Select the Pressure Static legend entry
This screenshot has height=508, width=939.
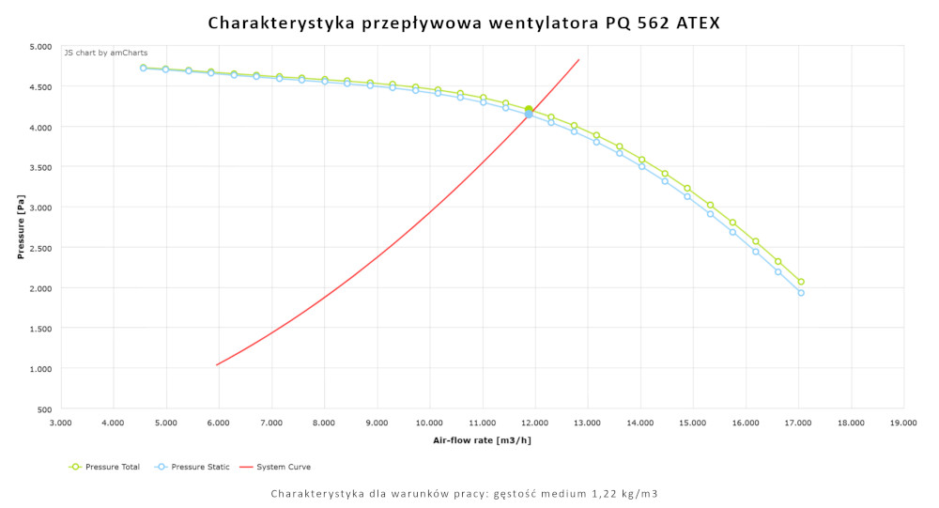pyautogui.click(x=196, y=467)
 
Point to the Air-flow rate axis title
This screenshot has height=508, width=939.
pyautogui.click(x=482, y=439)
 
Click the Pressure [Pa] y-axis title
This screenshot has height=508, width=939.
pyautogui.click(x=21, y=227)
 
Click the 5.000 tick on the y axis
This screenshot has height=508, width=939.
pyautogui.click(x=40, y=46)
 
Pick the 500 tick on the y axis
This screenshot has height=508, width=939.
pyautogui.click(x=44, y=409)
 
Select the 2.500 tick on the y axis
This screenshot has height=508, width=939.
pyautogui.click(x=40, y=248)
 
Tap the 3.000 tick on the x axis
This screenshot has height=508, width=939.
pyautogui.click(x=60, y=423)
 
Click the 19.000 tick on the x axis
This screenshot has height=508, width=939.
pyautogui.click(x=903, y=423)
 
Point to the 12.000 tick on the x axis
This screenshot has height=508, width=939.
pyautogui.click(x=534, y=423)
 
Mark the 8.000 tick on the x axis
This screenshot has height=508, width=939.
pyautogui.click(x=324, y=423)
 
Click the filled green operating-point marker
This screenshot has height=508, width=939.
pyautogui.click(x=529, y=110)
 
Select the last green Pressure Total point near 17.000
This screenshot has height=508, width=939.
pyautogui.click(x=801, y=282)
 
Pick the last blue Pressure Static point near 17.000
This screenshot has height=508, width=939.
pyautogui.click(x=801, y=293)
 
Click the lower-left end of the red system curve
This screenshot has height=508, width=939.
pyautogui.click(x=217, y=364)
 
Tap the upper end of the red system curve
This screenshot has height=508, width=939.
pyautogui.click(x=578, y=60)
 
